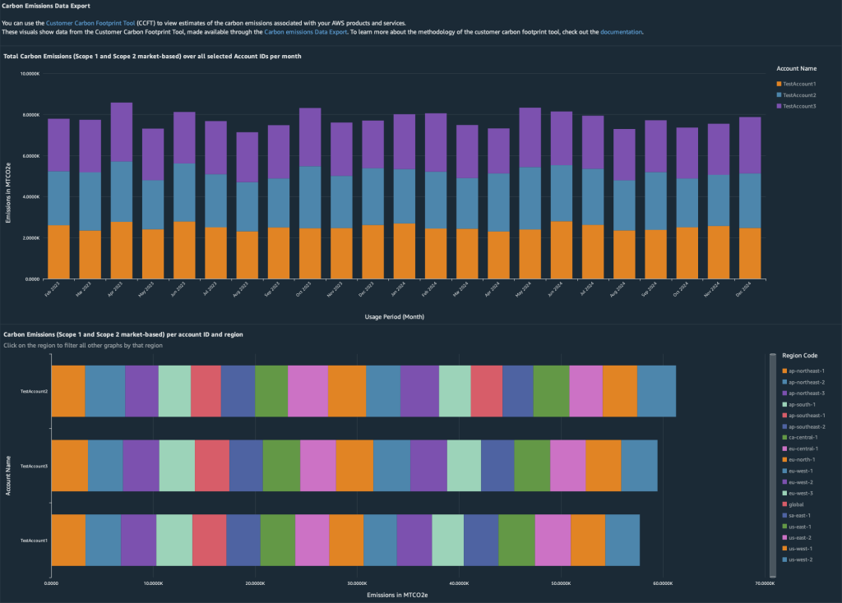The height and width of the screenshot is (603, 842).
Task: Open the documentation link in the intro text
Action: [x=621, y=32]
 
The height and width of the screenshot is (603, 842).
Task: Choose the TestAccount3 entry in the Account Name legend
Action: [x=799, y=106]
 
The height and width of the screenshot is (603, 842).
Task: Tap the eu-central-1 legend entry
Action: [x=803, y=449]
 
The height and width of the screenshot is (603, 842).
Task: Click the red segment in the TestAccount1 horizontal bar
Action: [x=209, y=540]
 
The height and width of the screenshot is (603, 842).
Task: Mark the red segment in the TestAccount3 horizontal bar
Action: [x=212, y=465]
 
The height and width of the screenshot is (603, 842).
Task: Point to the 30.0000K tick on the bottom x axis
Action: [x=357, y=582]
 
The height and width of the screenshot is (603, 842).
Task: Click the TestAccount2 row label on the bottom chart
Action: [x=34, y=391]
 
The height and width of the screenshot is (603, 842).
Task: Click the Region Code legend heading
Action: [x=799, y=355]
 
